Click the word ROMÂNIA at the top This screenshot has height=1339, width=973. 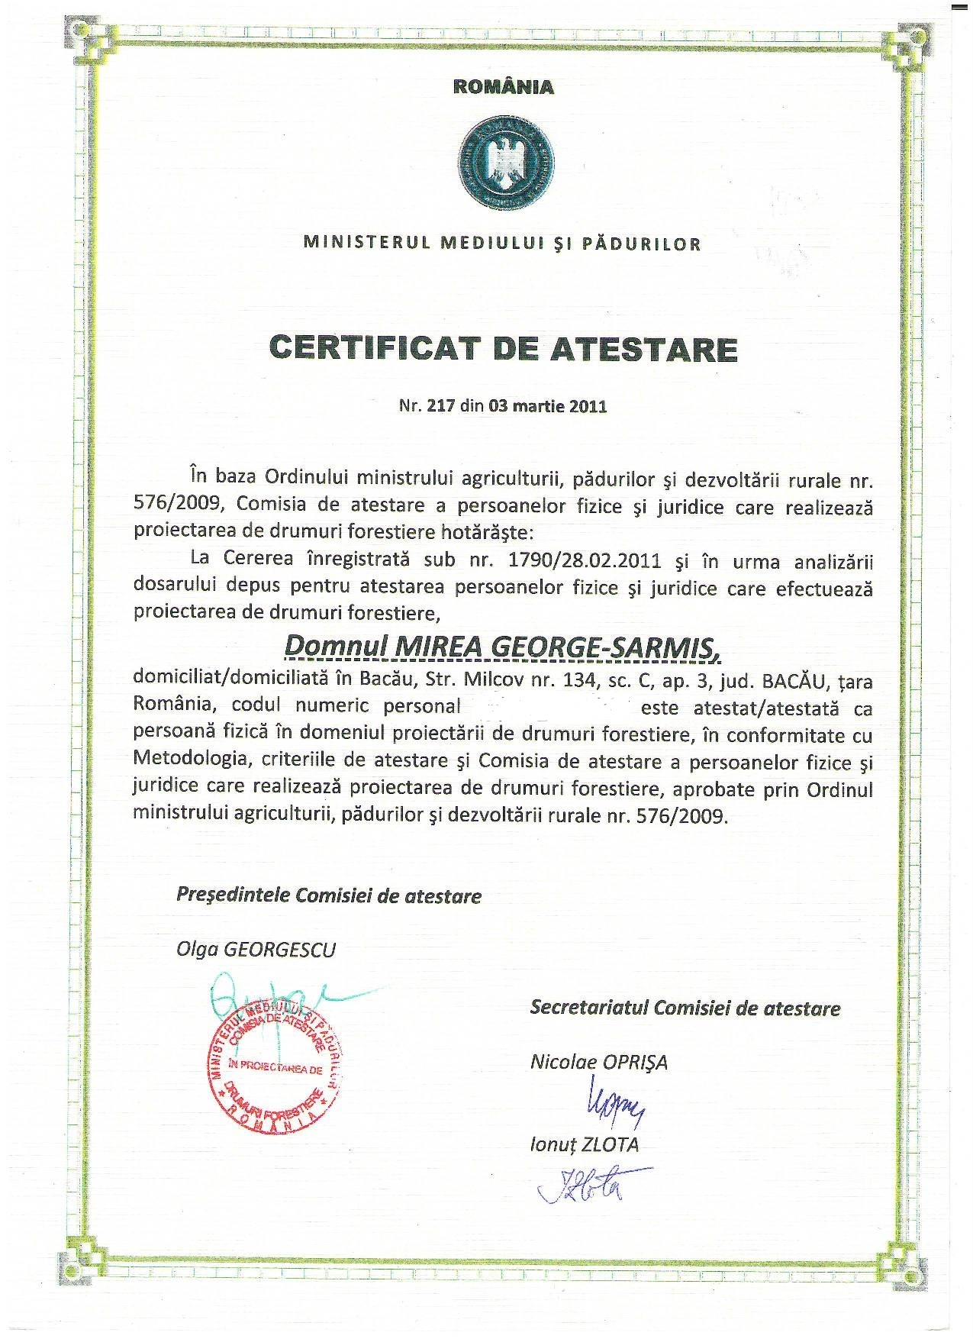(x=504, y=86)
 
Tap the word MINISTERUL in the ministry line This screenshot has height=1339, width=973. (x=359, y=244)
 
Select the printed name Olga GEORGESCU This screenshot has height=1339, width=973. (x=256, y=949)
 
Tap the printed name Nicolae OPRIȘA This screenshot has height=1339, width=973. (x=598, y=1062)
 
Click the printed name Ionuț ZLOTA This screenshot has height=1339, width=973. (x=584, y=1144)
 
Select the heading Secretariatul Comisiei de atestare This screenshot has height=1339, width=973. (x=685, y=1008)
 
